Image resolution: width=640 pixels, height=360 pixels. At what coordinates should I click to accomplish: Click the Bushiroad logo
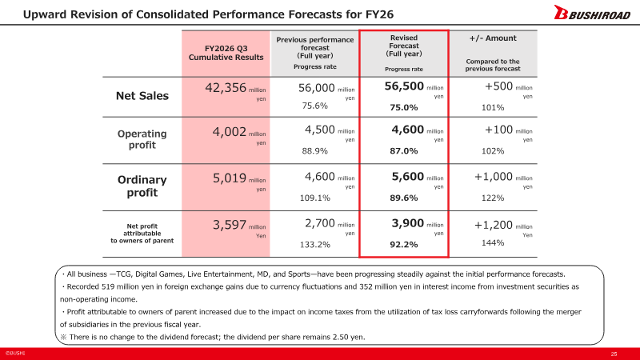[592, 12]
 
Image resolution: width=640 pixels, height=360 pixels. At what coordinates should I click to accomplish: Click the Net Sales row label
[142, 96]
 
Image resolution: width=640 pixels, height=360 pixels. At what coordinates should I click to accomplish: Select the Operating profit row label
[142, 139]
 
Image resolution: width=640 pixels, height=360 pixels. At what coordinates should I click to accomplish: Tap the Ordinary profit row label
[142, 186]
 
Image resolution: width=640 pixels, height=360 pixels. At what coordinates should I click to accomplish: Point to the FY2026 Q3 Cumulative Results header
[226, 53]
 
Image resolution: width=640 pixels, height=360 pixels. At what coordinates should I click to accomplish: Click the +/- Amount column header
[493, 38]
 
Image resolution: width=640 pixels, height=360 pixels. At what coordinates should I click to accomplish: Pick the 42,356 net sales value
[226, 88]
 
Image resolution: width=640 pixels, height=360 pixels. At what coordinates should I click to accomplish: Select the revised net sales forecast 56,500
[404, 86]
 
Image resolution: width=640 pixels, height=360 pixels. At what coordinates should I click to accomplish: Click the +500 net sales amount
[498, 86]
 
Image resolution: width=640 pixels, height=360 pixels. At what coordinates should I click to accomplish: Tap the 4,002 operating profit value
[230, 132]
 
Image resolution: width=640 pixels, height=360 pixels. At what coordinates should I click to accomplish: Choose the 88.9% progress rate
[314, 151]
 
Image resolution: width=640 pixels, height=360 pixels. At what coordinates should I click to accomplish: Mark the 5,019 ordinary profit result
[230, 178]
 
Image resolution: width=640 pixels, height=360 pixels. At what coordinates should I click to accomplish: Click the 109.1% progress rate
[314, 198]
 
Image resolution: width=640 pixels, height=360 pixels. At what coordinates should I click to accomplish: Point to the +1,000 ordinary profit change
[493, 176]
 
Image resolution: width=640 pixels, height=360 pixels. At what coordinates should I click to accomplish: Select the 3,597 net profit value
[230, 225]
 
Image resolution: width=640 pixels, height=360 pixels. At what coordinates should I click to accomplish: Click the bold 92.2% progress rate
[404, 245]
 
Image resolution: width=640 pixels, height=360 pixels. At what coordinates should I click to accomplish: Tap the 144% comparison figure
[493, 243]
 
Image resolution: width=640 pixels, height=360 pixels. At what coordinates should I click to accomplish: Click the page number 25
[614, 354]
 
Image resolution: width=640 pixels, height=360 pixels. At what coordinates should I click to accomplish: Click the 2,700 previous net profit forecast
[319, 223]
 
